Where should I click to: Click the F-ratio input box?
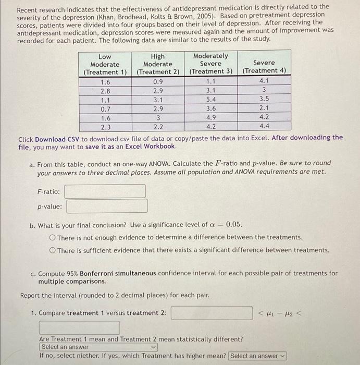click(105, 191)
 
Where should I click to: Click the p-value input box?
click(107, 206)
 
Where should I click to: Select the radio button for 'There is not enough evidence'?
click(53, 237)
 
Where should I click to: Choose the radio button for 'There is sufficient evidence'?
click(53, 250)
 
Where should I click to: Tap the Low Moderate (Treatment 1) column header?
click(105, 64)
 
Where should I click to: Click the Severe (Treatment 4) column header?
click(264, 67)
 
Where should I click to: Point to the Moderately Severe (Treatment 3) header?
click(210, 64)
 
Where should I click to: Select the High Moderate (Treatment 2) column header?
click(157, 64)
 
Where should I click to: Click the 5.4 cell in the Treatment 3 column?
click(210, 99)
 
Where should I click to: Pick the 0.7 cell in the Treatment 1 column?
click(105, 108)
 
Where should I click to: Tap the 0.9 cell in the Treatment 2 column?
click(157, 81)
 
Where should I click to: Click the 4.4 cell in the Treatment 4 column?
click(264, 126)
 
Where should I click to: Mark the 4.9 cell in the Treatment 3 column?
click(210, 117)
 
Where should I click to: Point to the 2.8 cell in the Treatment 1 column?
click(105, 90)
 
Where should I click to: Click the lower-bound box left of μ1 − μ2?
click(212, 313)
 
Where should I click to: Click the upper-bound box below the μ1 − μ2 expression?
click(79, 328)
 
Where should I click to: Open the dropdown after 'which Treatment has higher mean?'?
click(257, 356)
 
